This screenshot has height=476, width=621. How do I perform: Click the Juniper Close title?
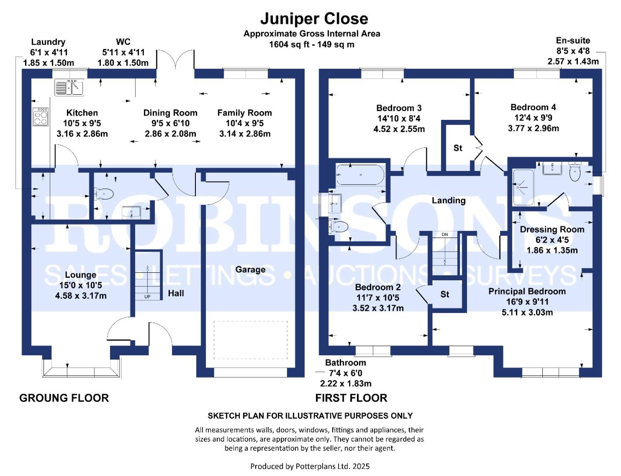point(314,19)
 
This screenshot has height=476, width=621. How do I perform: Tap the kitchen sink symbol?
point(69,87)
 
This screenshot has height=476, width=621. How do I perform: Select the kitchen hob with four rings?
point(40,116)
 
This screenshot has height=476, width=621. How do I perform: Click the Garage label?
point(250,269)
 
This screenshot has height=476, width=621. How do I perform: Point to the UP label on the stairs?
point(147,297)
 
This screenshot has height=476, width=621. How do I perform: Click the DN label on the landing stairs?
point(445,234)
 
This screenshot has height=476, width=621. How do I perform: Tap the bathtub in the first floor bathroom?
point(360,175)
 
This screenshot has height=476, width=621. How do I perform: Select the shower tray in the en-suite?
point(523,187)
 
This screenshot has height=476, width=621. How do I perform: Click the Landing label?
point(448,201)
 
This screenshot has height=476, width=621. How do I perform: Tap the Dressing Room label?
point(552,229)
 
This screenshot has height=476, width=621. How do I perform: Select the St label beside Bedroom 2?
point(445,294)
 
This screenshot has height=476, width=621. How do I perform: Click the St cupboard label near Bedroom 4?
point(458,148)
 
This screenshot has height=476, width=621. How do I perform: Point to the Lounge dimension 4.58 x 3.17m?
point(81,296)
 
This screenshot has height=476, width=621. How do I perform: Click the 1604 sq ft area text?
point(312,45)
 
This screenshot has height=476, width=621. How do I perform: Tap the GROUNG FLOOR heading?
point(64,398)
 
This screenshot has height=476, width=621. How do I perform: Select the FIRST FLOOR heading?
point(351,398)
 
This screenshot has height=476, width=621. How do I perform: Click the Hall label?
point(176,293)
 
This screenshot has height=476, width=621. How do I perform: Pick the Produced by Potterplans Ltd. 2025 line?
point(310,466)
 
